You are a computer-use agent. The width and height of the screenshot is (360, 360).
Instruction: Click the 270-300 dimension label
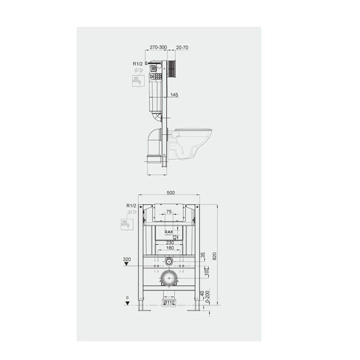click(x=158, y=47)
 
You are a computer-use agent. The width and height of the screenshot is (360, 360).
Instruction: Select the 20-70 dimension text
click(x=183, y=47)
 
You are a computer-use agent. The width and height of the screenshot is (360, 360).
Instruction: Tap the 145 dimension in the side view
click(x=175, y=95)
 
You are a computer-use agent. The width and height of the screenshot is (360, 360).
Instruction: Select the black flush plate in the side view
click(x=172, y=69)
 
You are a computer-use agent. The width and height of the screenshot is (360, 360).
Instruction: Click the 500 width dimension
click(x=171, y=193)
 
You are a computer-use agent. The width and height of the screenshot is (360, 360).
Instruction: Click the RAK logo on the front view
click(x=169, y=232)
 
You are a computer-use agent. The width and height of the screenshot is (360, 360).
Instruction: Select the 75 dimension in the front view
click(x=169, y=212)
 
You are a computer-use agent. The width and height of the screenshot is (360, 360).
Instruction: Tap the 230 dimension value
click(x=170, y=243)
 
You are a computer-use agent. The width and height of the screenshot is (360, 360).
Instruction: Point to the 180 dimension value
click(x=170, y=248)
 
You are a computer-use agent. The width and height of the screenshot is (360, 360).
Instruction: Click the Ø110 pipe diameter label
click(x=169, y=303)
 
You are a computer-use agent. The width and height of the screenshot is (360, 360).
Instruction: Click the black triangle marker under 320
click(x=126, y=264)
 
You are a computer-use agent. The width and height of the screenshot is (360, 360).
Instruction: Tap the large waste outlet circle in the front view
click(x=169, y=278)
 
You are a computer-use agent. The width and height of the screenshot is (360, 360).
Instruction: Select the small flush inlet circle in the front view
click(x=169, y=261)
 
